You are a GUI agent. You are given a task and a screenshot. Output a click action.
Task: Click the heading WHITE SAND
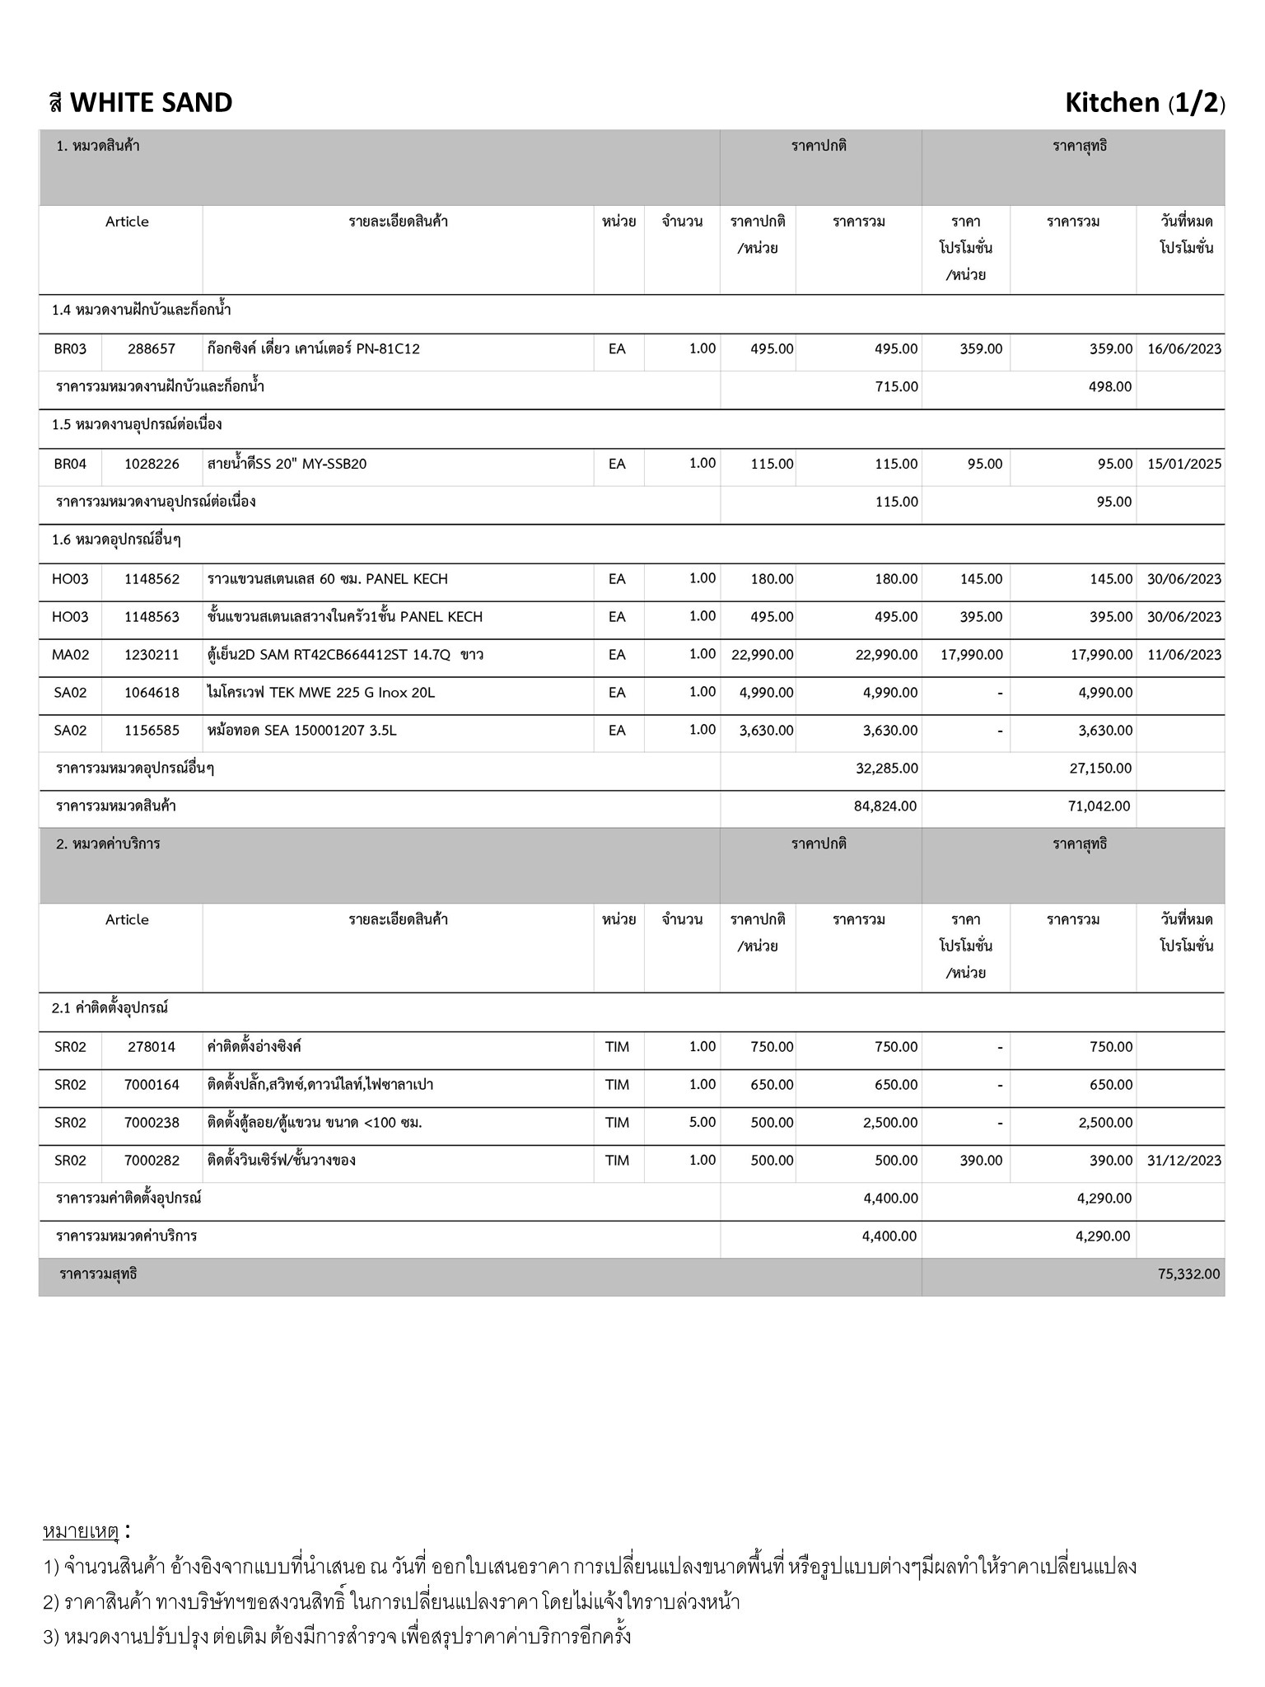[151, 103]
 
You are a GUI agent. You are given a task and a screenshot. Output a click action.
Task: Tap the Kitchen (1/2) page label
[1144, 103]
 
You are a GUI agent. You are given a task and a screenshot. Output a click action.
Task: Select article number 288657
[152, 349]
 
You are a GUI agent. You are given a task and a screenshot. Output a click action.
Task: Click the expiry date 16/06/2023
[1183, 349]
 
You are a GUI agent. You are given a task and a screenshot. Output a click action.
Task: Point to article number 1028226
[152, 465]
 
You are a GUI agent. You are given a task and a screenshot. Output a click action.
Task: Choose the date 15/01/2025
[1183, 465]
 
